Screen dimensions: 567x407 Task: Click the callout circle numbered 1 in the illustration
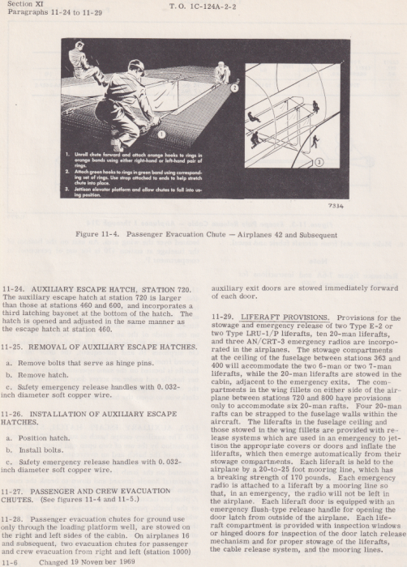(161, 134)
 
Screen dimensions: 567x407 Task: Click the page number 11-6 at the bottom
(11, 561)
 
